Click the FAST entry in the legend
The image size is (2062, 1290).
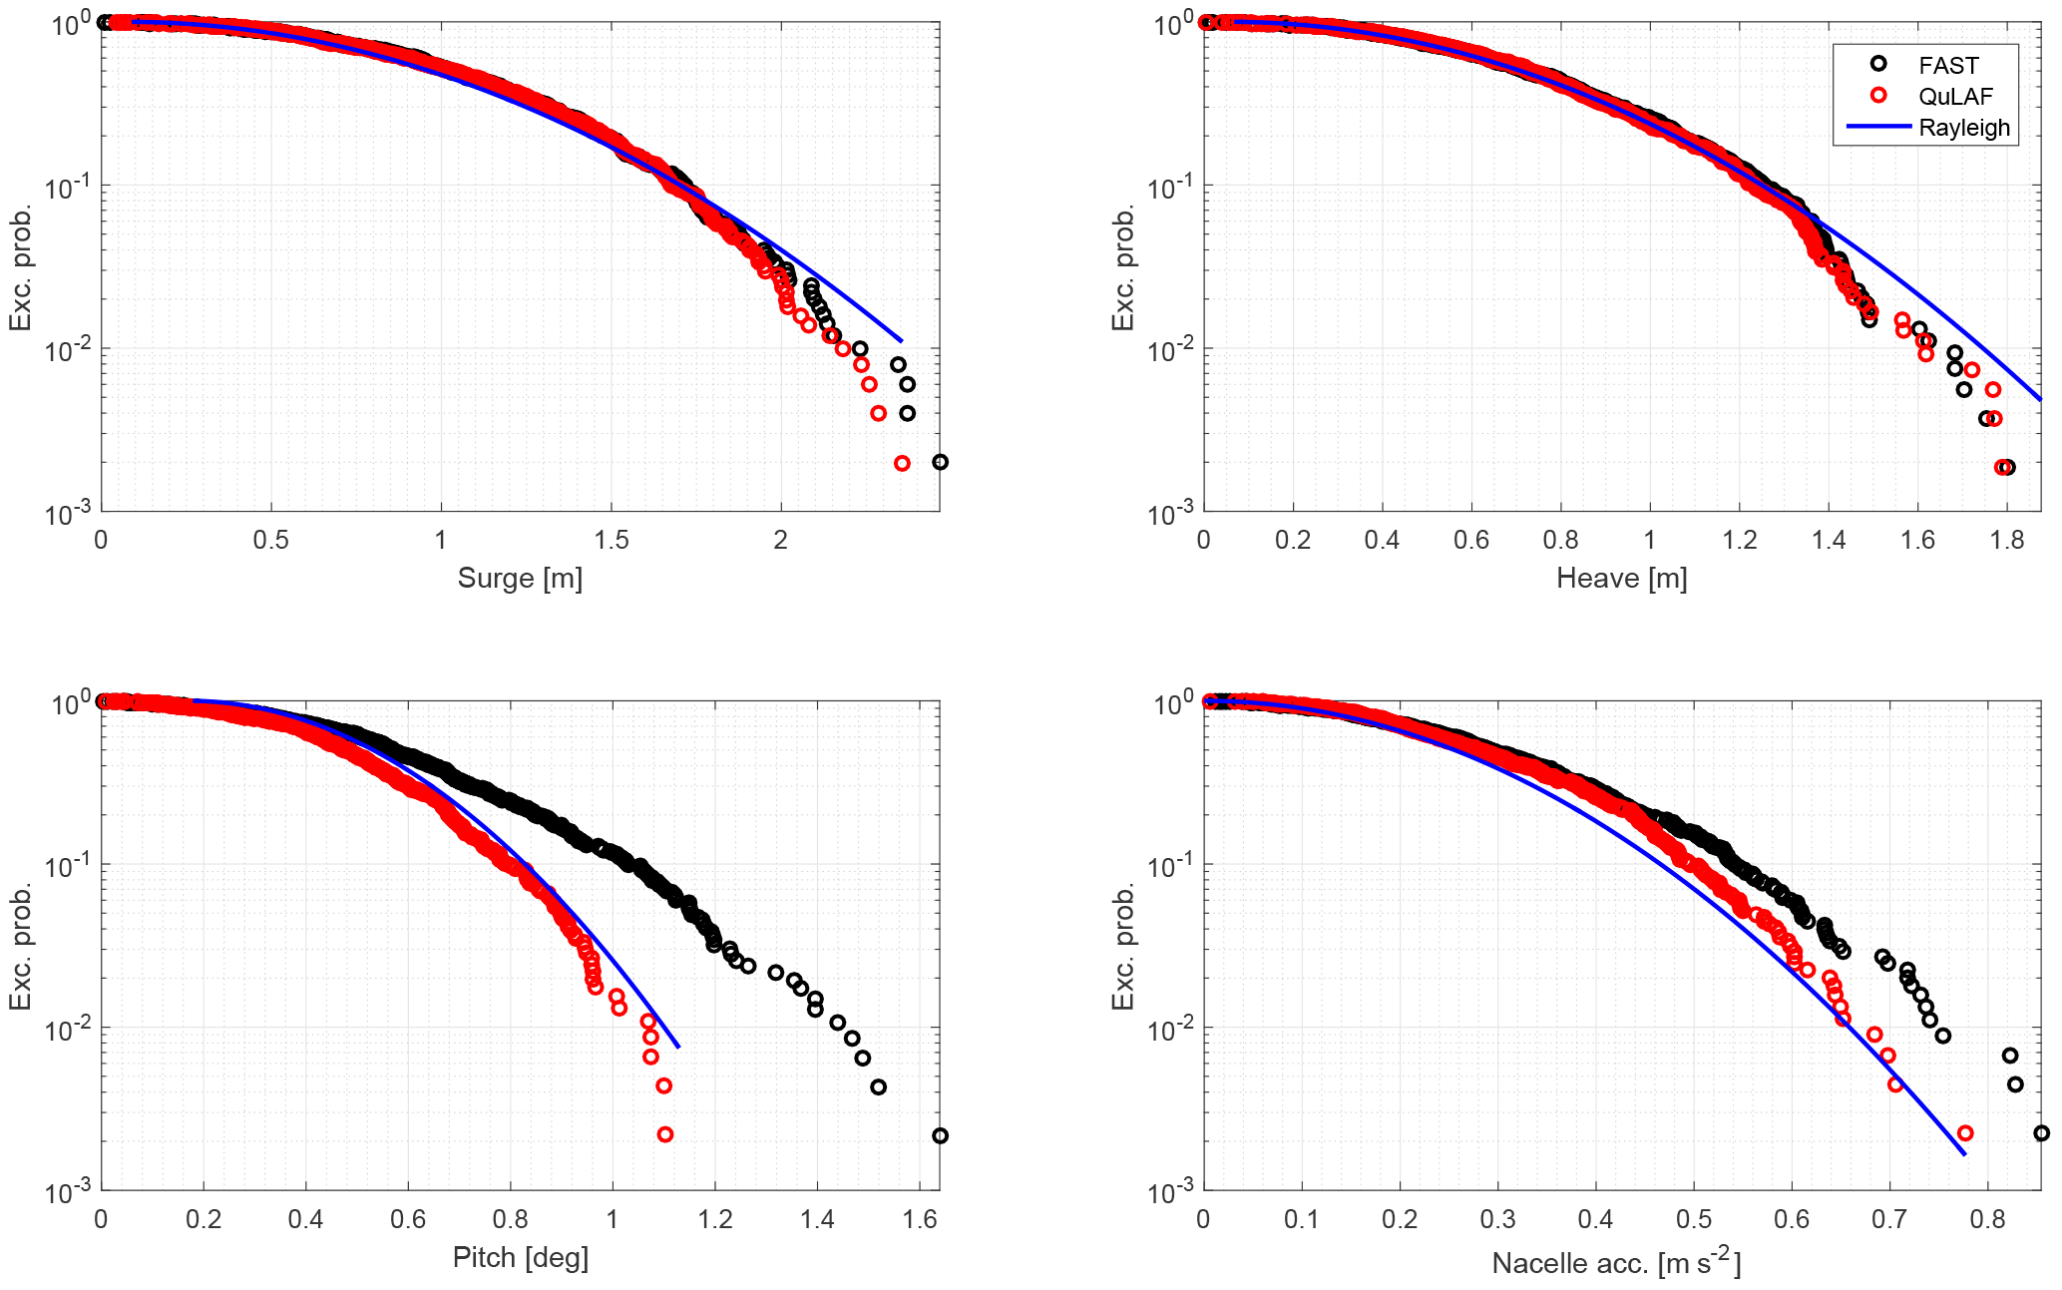point(1947,66)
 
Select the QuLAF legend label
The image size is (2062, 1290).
point(1955,97)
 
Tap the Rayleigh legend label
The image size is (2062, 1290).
point(1963,128)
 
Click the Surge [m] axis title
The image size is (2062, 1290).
point(520,578)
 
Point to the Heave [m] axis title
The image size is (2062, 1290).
point(1621,578)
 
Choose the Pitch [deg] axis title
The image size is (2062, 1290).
point(520,1257)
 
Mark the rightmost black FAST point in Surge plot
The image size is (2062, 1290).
point(940,462)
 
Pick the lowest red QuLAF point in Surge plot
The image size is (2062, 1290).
point(902,463)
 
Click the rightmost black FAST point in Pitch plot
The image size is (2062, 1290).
point(940,1135)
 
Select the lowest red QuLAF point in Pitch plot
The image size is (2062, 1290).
point(665,1134)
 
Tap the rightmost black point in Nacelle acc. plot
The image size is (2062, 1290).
point(2041,1133)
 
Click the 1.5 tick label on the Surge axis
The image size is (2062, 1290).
point(611,540)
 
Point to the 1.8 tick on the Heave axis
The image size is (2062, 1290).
point(2007,540)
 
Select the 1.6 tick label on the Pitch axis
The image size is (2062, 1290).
point(920,1219)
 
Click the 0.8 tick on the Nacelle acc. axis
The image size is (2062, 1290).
point(1987,1219)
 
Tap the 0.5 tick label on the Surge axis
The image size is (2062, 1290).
point(270,540)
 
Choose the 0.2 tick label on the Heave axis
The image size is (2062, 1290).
point(1293,540)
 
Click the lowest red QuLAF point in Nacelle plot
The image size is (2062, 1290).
point(1965,1133)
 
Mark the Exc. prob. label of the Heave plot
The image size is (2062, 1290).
point(1123,267)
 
